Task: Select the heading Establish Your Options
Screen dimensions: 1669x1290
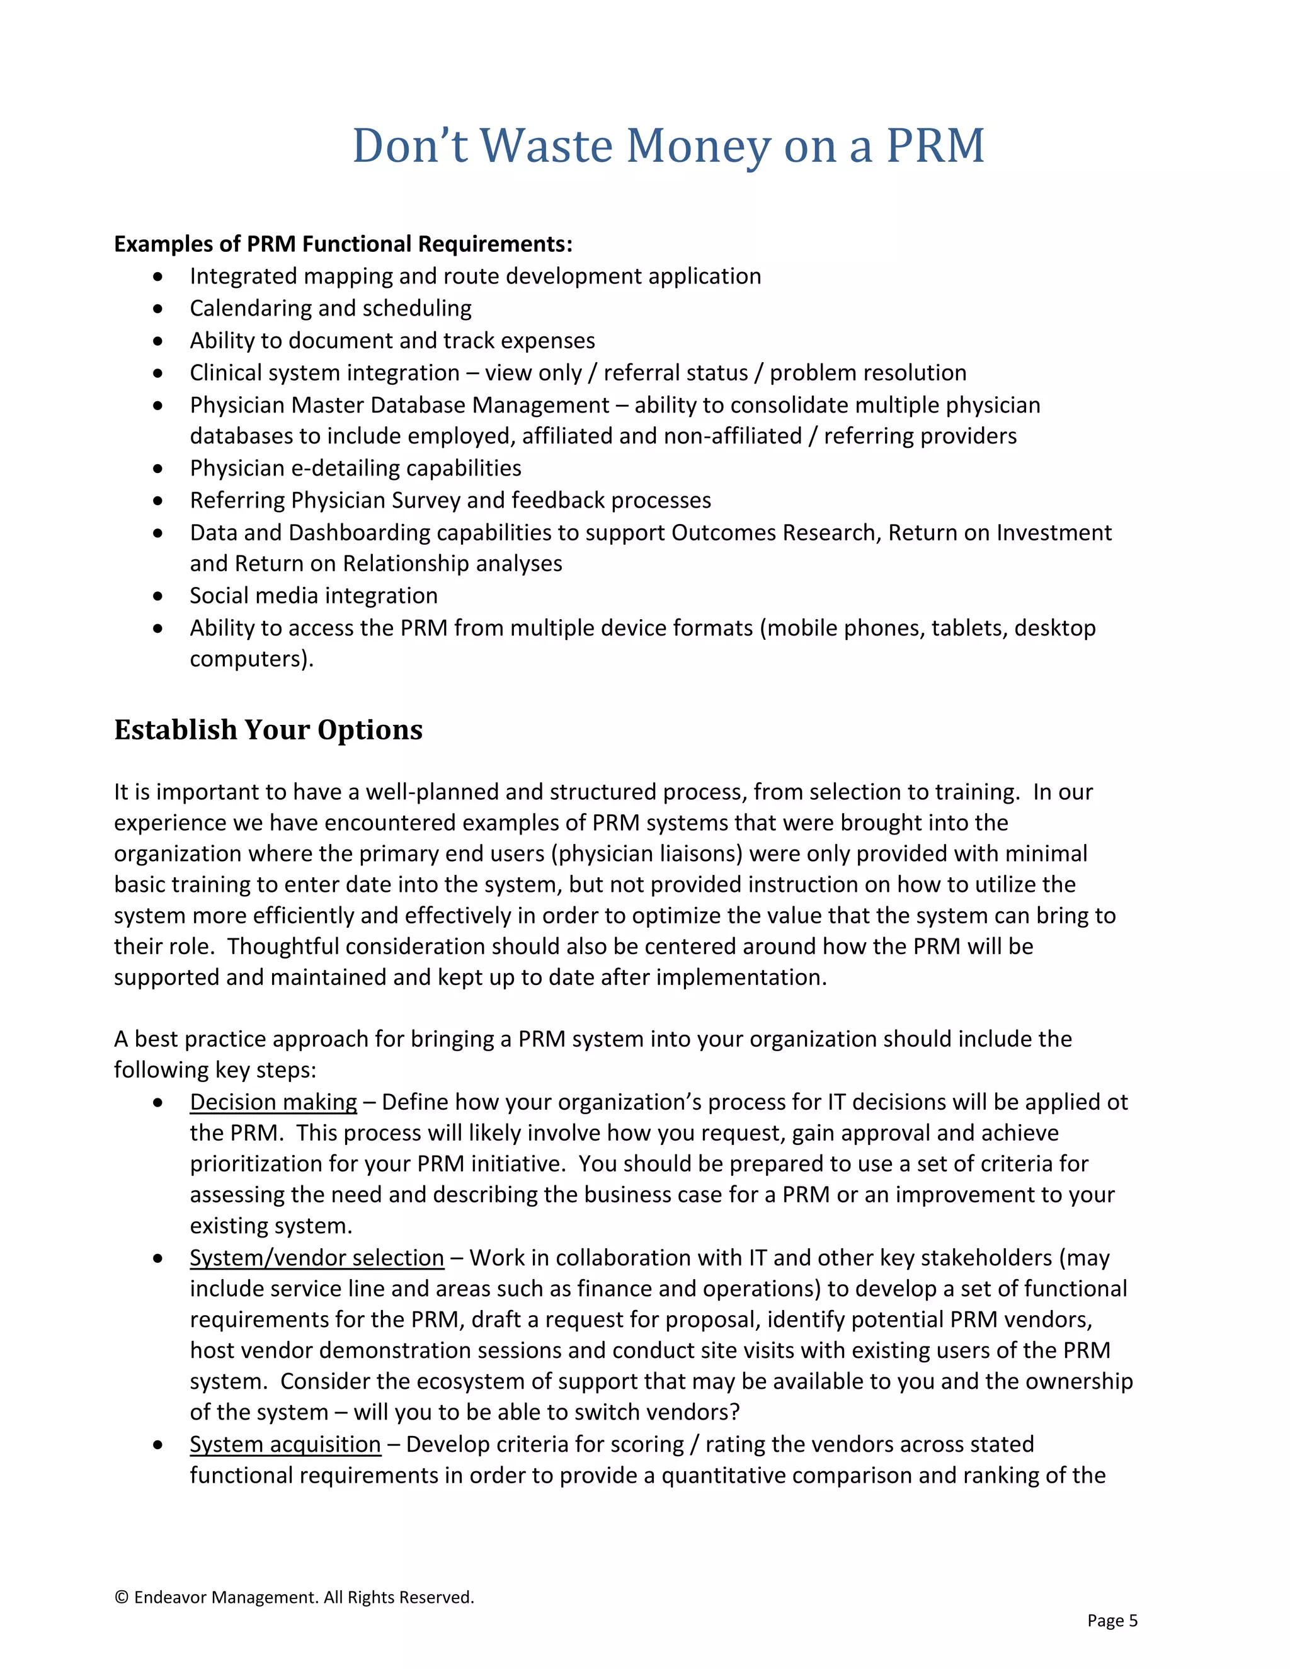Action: tap(268, 730)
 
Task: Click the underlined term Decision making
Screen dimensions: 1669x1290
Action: tap(273, 1102)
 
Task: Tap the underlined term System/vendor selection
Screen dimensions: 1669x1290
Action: tap(316, 1258)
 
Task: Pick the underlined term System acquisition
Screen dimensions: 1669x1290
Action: tap(285, 1444)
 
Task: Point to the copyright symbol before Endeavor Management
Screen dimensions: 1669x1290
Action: tap(121, 1598)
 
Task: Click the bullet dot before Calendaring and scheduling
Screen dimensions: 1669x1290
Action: tap(158, 309)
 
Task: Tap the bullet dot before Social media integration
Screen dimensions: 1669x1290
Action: tap(158, 596)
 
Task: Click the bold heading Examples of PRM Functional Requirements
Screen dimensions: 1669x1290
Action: tap(343, 244)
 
